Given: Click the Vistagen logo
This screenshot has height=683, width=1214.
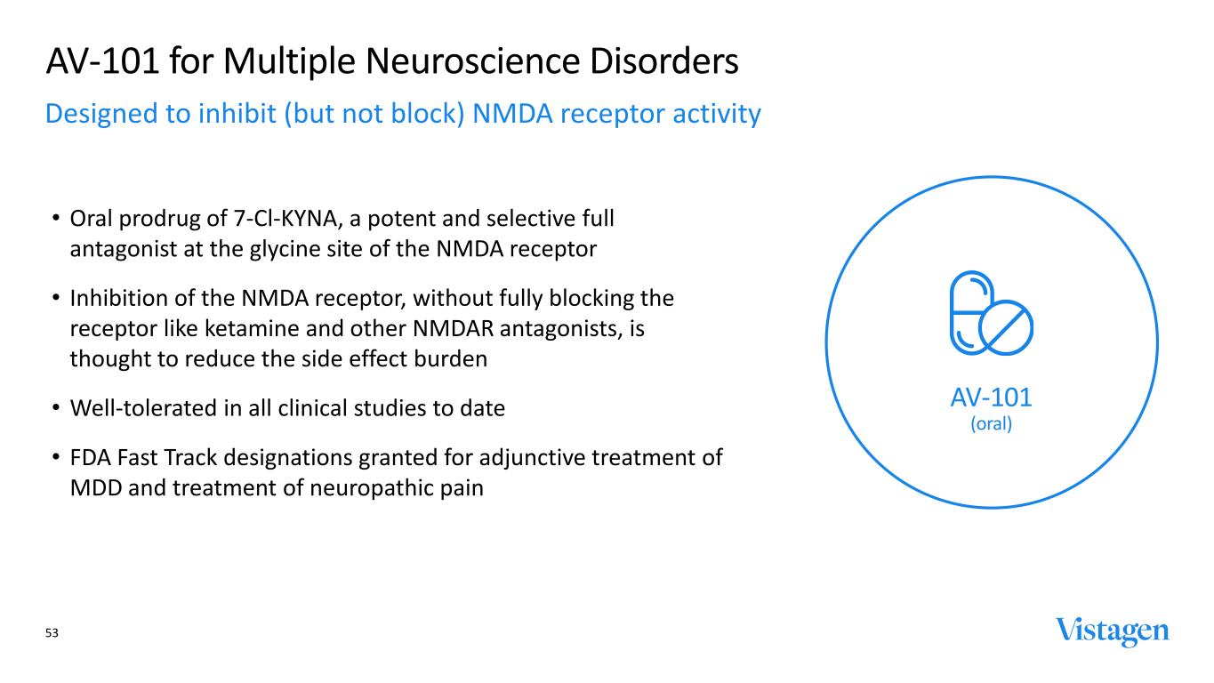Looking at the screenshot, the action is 1112,631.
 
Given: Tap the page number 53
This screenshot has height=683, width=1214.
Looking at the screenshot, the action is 52,632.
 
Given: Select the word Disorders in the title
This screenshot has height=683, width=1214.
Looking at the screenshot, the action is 663,60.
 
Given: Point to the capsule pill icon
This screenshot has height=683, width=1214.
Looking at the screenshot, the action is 971,313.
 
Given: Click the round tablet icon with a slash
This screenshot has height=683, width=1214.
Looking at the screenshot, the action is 1006,328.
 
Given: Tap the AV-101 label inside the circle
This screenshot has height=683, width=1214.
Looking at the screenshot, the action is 992,398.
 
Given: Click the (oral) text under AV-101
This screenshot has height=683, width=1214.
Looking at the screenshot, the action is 992,423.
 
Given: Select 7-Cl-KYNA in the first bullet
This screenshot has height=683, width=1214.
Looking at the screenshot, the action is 285,219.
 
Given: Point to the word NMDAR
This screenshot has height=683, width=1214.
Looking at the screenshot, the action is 453,328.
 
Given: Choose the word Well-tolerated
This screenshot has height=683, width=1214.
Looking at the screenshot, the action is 143,408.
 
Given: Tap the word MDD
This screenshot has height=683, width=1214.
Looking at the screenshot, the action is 95,488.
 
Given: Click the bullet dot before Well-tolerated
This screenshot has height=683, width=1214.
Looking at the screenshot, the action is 56,407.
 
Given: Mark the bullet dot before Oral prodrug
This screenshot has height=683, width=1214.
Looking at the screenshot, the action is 56,217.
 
